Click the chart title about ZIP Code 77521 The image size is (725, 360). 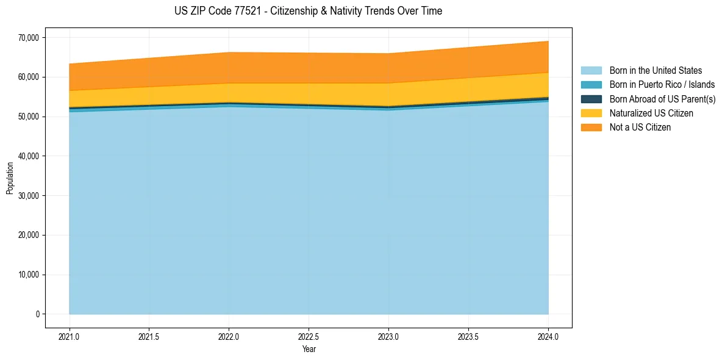pyautogui.click(x=308, y=11)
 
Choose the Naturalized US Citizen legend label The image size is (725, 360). pyautogui.click(x=651, y=113)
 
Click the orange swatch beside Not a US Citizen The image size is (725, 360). pyautogui.click(x=591, y=128)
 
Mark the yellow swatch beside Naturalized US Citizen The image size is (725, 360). pyautogui.click(x=591, y=113)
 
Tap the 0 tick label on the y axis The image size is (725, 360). pyautogui.click(x=37, y=314)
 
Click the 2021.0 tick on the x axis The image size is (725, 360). pyautogui.click(x=70, y=336)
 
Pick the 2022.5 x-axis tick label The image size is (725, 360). pyautogui.click(x=309, y=336)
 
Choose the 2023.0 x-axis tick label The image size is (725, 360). pyautogui.click(x=388, y=336)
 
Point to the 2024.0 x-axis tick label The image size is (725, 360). pyautogui.click(x=548, y=336)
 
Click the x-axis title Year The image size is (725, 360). pyautogui.click(x=309, y=350)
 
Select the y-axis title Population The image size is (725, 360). pyautogui.click(x=10, y=178)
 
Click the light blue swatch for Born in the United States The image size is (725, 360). pyautogui.click(x=591, y=71)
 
